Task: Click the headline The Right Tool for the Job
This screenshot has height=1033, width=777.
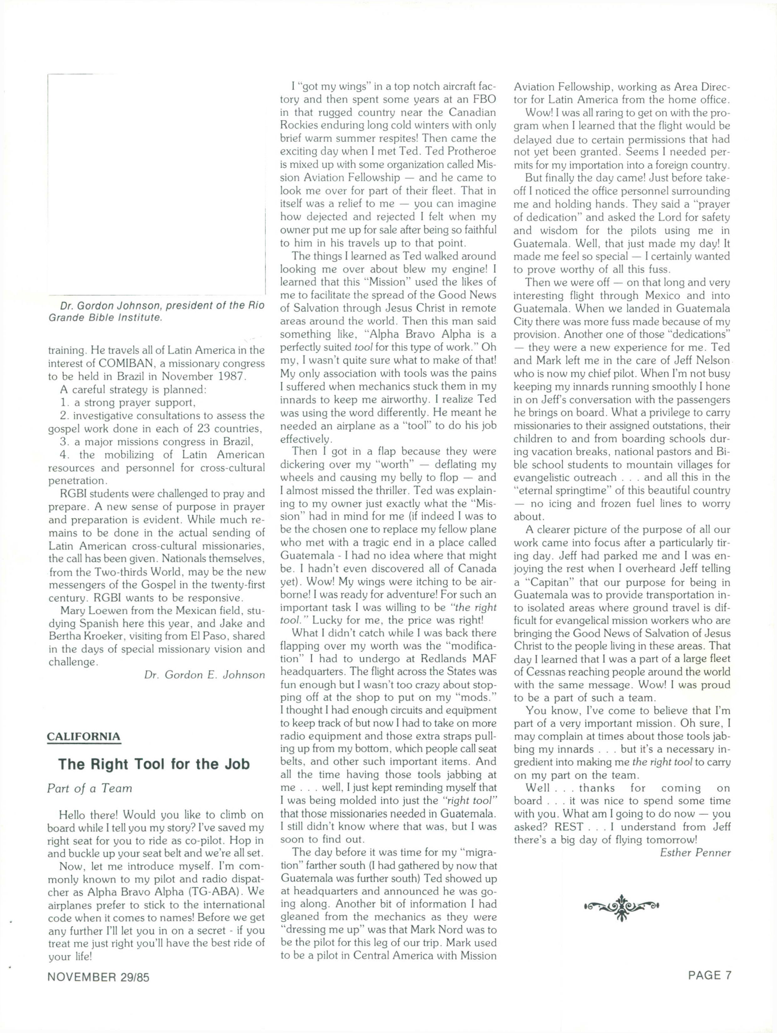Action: [x=154, y=764]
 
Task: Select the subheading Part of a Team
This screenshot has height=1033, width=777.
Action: [x=90, y=789]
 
